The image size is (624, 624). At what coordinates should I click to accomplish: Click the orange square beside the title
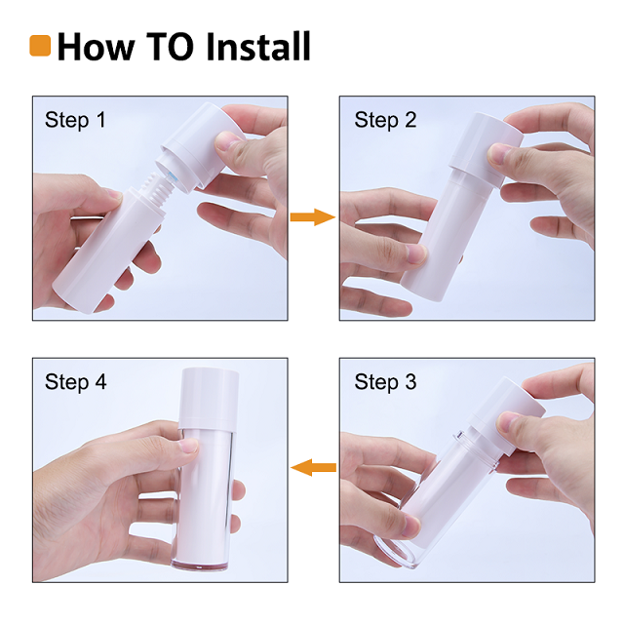coord(41,45)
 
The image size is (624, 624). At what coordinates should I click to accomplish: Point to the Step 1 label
coord(75,121)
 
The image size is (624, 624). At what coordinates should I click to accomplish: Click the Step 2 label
coord(385,121)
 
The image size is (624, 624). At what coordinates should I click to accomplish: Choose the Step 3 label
coord(385,382)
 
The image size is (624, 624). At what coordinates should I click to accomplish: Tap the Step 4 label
coord(75,382)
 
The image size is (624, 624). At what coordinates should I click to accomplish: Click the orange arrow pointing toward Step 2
coord(312,216)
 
